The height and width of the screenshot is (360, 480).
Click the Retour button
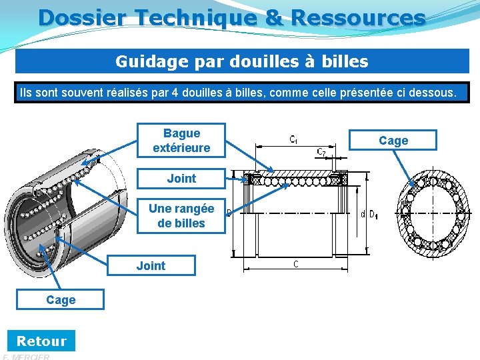click(41, 341)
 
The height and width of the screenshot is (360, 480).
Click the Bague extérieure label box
click(181, 141)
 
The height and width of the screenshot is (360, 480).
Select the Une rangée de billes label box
click(181, 216)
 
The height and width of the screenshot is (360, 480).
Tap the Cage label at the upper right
click(393, 140)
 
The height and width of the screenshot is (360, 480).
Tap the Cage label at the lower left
click(61, 300)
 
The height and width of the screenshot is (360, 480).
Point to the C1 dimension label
click(293, 140)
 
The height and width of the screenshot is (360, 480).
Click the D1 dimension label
click(373, 215)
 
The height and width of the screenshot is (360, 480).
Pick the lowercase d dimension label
click(363, 215)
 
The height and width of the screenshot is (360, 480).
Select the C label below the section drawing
click(295, 264)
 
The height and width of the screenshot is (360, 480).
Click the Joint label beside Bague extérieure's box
click(181, 178)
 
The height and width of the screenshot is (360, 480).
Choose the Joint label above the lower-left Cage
click(151, 265)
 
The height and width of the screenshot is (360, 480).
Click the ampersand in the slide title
click(274, 17)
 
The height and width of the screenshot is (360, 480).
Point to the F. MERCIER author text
click(27, 357)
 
